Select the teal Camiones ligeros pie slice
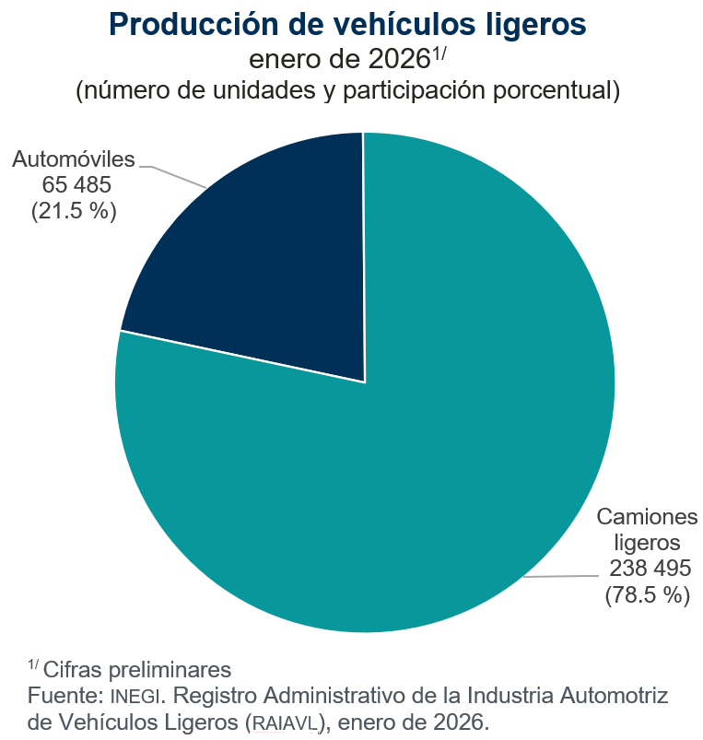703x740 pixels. tap(415, 461)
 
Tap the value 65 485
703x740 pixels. tap(76, 185)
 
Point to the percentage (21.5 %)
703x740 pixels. tap(75, 210)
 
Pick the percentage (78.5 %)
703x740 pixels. tap(648, 594)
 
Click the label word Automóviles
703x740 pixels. tap(74, 159)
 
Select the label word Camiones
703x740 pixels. tap(648, 516)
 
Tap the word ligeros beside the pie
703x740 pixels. tap(648, 541)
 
